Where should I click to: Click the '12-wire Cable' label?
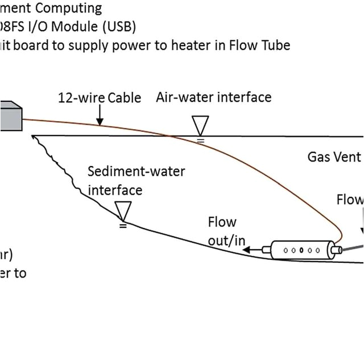[100, 98]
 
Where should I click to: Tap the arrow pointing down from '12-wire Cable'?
[100, 118]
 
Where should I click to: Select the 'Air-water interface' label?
[213, 97]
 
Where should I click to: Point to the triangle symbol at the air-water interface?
[200, 125]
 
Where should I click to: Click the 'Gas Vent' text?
[334, 156]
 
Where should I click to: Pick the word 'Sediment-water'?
[136, 171]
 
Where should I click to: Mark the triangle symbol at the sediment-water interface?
[122, 212]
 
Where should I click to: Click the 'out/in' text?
[226, 241]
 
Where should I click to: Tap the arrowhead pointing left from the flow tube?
[251, 249]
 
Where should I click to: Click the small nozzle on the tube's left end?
[266, 249]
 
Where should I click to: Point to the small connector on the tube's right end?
[336, 249]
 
